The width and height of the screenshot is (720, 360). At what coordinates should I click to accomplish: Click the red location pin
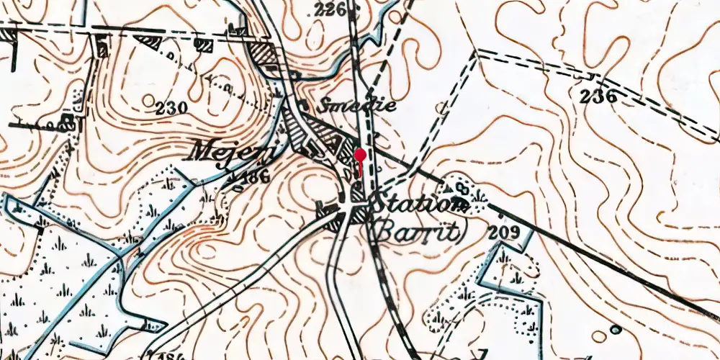point(360,156)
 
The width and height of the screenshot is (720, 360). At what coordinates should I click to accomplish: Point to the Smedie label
point(358,105)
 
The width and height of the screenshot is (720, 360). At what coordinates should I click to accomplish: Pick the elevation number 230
point(171,109)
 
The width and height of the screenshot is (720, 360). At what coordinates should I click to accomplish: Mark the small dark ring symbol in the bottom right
point(616,330)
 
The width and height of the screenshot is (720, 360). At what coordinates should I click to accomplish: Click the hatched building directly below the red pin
point(358,193)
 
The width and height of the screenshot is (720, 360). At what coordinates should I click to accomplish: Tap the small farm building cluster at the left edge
point(68,120)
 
